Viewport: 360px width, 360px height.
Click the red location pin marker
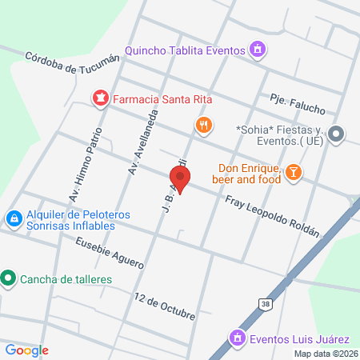click(180, 178)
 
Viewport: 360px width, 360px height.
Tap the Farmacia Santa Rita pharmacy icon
click(101, 99)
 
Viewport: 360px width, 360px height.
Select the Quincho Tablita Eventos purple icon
click(257, 50)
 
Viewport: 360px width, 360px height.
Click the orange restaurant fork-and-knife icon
click(204, 125)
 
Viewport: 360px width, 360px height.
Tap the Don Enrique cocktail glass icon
click(294, 172)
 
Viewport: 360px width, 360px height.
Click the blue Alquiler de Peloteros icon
click(14, 218)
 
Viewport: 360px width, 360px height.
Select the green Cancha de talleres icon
click(9, 278)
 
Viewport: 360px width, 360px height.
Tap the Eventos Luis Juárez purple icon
click(237, 338)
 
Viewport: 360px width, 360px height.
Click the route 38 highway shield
click(265, 303)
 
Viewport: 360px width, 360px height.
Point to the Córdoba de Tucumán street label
click(72, 63)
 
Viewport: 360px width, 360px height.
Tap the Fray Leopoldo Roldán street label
click(272, 215)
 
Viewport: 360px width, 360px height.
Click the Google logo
click(26, 350)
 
